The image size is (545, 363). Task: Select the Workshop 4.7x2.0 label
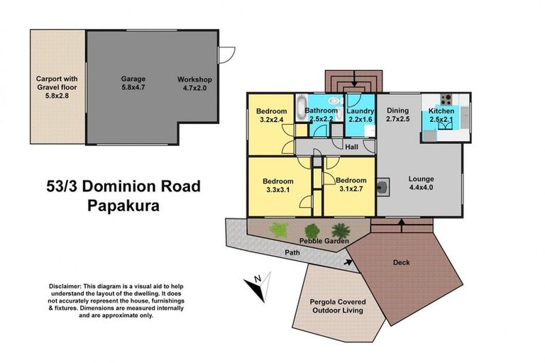(x=195, y=84)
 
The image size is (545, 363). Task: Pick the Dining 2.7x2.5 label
(x=398, y=115)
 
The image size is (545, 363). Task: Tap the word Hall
(x=351, y=147)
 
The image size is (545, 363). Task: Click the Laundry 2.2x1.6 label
(x=360, y=115)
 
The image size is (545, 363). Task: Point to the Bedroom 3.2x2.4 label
(x=271, y=116)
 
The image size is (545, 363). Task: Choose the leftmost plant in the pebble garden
(x=279, y=230)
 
